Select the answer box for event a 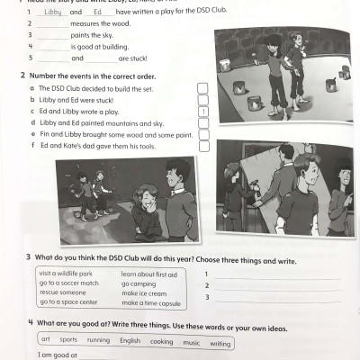[202, 88]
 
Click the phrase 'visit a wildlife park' [66, 273]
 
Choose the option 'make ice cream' [144, 293]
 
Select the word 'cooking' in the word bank [161, 342]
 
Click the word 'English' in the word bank [130, 342]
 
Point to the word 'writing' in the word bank [220, 343]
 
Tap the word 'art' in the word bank [45, 341]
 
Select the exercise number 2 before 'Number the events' [22, 76]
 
